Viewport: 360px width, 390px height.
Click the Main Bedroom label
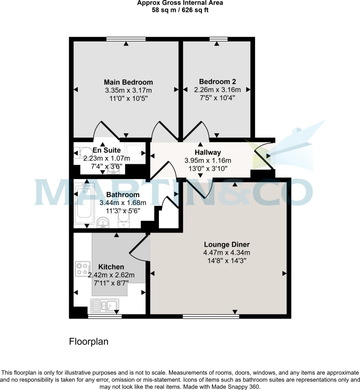(x=128, y=82)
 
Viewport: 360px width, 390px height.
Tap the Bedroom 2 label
(x=217, y=82)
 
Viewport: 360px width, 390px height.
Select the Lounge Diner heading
(x=226, y=245)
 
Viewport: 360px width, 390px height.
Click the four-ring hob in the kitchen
(x=83, y=269)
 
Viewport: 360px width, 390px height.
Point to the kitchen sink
(x=105, y=306)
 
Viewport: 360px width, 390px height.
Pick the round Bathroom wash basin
(x=103, y=222)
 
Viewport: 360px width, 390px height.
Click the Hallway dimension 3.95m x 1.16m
(x=208, y=161)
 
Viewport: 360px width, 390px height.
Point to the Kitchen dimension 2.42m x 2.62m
(x=111, y=275)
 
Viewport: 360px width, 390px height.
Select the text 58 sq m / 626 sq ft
(x=180, y=10)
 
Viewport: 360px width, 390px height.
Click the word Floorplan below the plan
(x=89, y=342)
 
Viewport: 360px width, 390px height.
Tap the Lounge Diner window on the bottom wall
(x=211, y=316)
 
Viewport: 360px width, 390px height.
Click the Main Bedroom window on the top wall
(x=126, y=39)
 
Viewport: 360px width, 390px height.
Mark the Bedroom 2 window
(x=219, y=39)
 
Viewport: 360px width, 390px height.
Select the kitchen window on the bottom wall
(x=105, y=316)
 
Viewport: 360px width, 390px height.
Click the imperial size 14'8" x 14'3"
(x=227, y=261)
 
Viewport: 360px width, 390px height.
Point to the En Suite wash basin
(x=113, y=171)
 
